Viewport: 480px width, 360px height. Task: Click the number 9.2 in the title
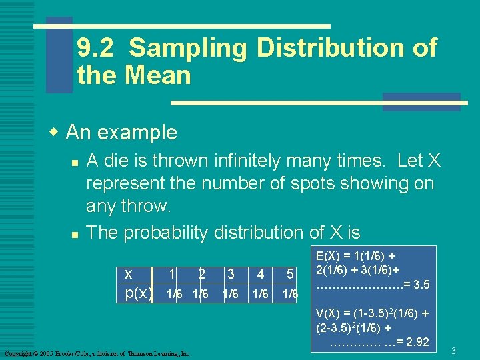[96, 48]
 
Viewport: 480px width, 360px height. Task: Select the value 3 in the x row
[231, 274]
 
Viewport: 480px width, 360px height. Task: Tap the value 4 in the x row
[261, 274]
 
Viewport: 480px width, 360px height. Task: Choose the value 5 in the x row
[290, 274]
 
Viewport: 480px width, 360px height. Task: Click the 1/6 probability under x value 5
[290, 294]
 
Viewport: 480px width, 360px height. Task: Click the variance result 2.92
[417, 343]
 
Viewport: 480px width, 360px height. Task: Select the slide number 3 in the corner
[453, 350]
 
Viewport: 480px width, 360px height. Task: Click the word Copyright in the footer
[17, 353]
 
